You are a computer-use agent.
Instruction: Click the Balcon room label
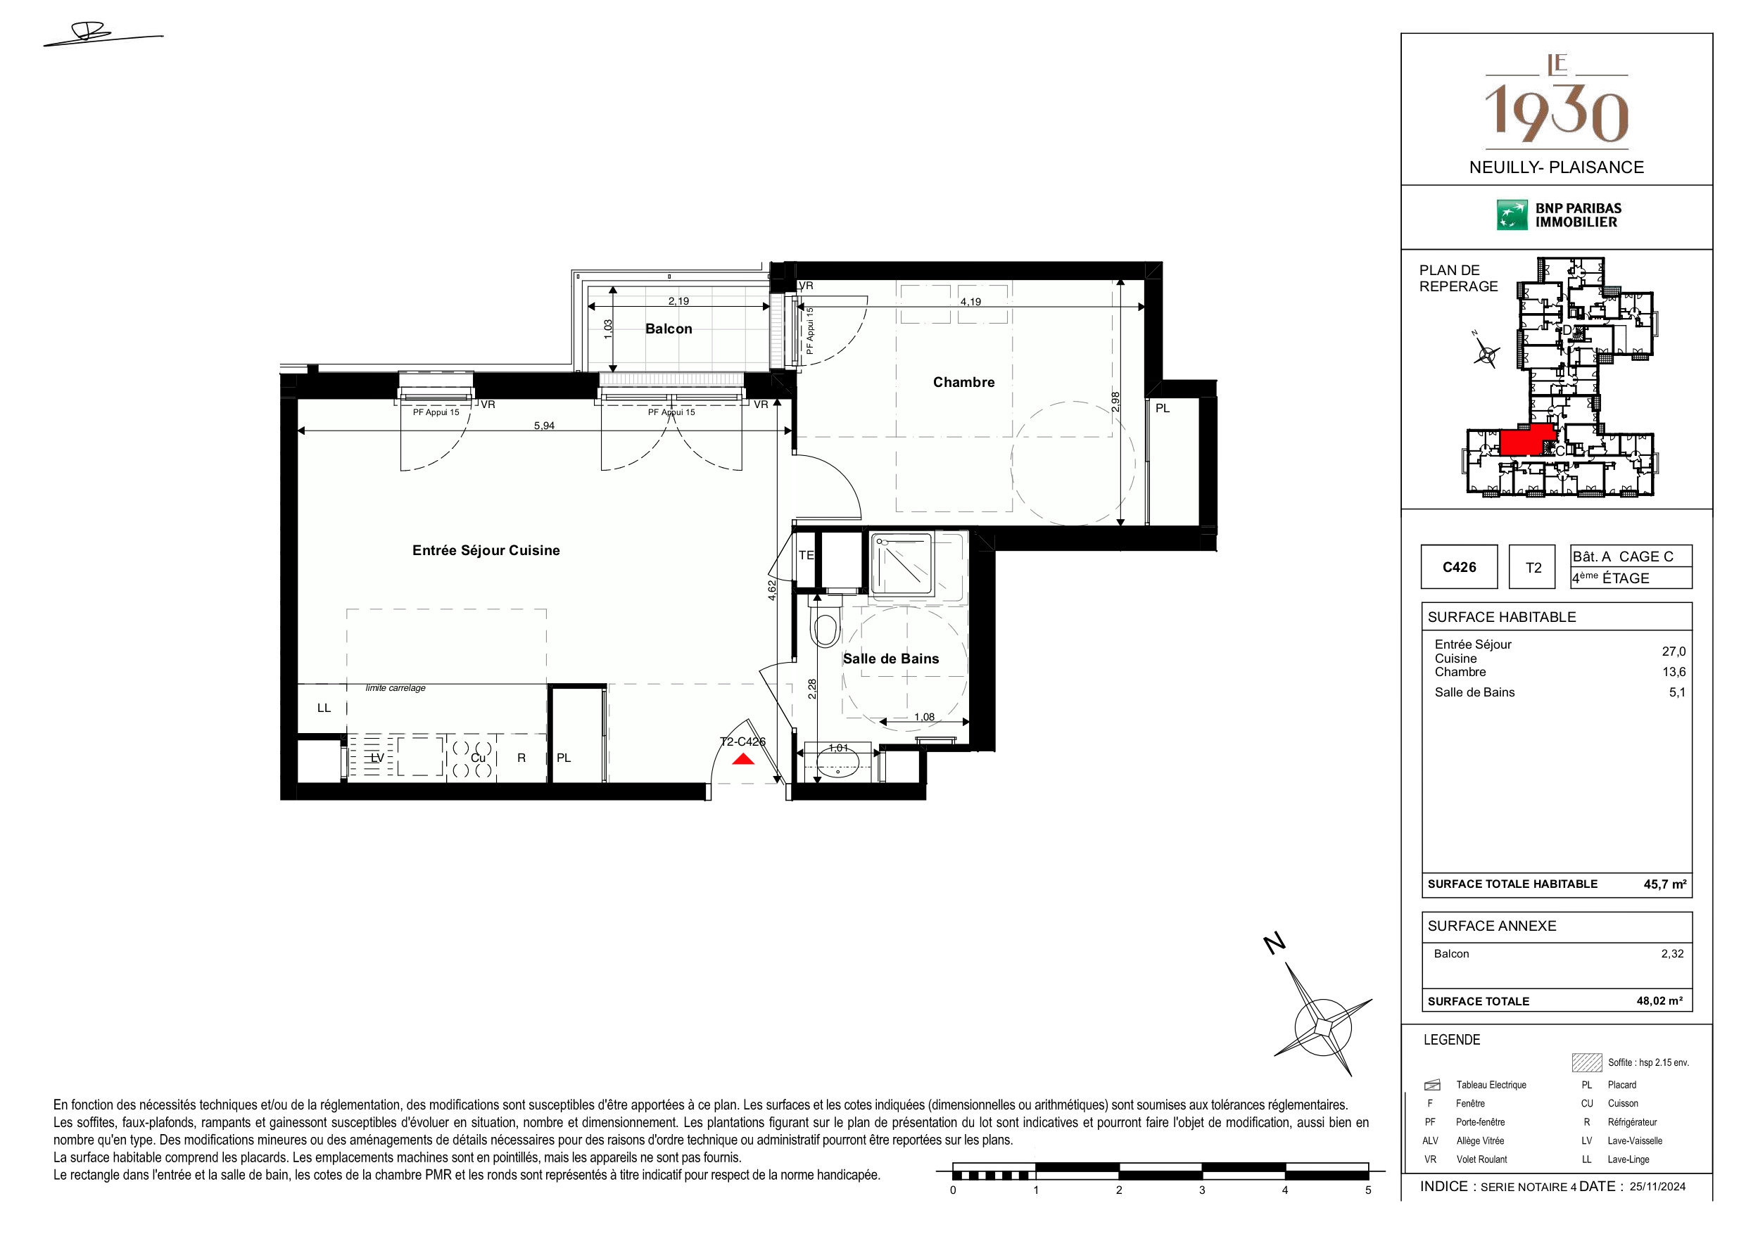pyautogui.click(x=669, y=329)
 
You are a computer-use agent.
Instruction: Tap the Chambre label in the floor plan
pyautogui.click(x=963, y=383)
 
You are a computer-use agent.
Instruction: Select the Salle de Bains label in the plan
pyautogui.click(x=890, y=659)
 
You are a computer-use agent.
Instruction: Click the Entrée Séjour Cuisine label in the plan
pyautogui.click(x=486, y=549)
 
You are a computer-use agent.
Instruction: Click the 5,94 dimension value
pyautogui.click(x=544, y=426)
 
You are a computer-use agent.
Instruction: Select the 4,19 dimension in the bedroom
pyautogui.click(x=970, y=302)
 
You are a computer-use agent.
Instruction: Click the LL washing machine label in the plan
pyautogui.click(x=324, y=708)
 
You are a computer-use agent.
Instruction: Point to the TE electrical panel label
pyautogui.click(x=806, y=555)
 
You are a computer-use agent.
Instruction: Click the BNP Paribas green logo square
pyautogui.click(x=1512, y=215)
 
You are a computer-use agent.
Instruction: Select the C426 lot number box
pyautogui.click(x=1459, y=566)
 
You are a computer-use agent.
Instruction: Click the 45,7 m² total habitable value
pyautogui.click(x=1664, y=884)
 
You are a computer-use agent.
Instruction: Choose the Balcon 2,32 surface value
pyautogui.click(x=1672, y=953)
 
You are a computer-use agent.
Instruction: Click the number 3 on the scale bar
pyautogui.click(x=1201, y=1190)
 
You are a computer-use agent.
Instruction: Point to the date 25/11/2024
pyautogui.click(x=1657, y=1186)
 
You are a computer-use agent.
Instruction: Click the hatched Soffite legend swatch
pyautogui.click(x=1586, y=1062)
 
